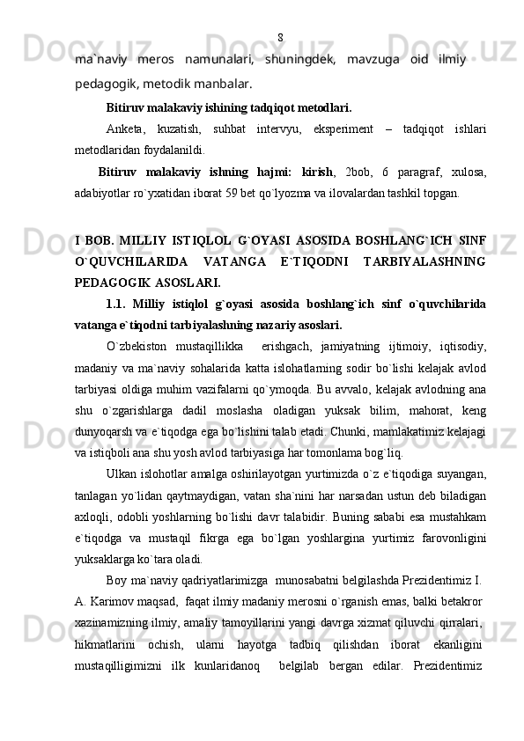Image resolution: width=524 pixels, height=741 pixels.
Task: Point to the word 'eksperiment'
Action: pyautogui.click(x=342, y=131)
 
